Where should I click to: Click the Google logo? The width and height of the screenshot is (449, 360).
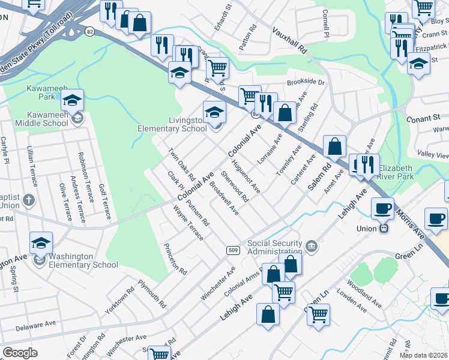[x=20, y=352]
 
